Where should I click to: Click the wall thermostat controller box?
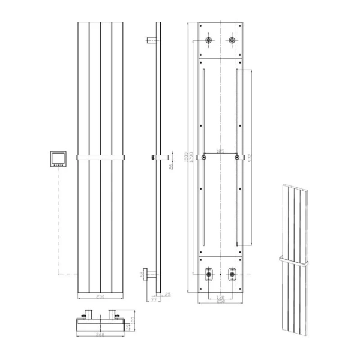coord(58,159)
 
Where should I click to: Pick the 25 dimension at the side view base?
coord(167,293)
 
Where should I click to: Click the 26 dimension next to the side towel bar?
coord(170,166)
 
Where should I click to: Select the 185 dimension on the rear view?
coord(221,152)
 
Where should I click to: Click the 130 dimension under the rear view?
coord(221,296)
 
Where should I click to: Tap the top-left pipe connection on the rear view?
coord(208,41)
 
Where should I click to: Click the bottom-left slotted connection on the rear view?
coord(208,273)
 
